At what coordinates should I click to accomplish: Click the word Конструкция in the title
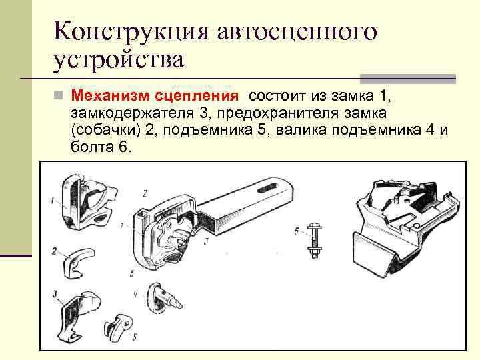click(131, 31)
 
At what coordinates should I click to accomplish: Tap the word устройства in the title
click(119, 60)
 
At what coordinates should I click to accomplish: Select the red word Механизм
click(111, 96)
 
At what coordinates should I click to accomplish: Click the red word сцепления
click(197, 97)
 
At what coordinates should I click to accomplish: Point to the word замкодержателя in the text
click(132, 113)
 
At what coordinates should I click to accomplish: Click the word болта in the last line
click(92, 147)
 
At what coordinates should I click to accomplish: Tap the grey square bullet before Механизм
click(58, 95)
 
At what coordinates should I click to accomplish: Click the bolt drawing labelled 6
click(313, 241)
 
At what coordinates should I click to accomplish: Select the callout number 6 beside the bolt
click(296, 231)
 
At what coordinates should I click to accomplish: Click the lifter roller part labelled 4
click(163, 298)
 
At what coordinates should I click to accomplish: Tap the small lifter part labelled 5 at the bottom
click(118, 325)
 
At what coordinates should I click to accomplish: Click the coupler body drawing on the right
click(405, 229)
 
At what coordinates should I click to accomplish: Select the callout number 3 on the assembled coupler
click(207, 241)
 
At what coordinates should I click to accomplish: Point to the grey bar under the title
click(408, 79)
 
